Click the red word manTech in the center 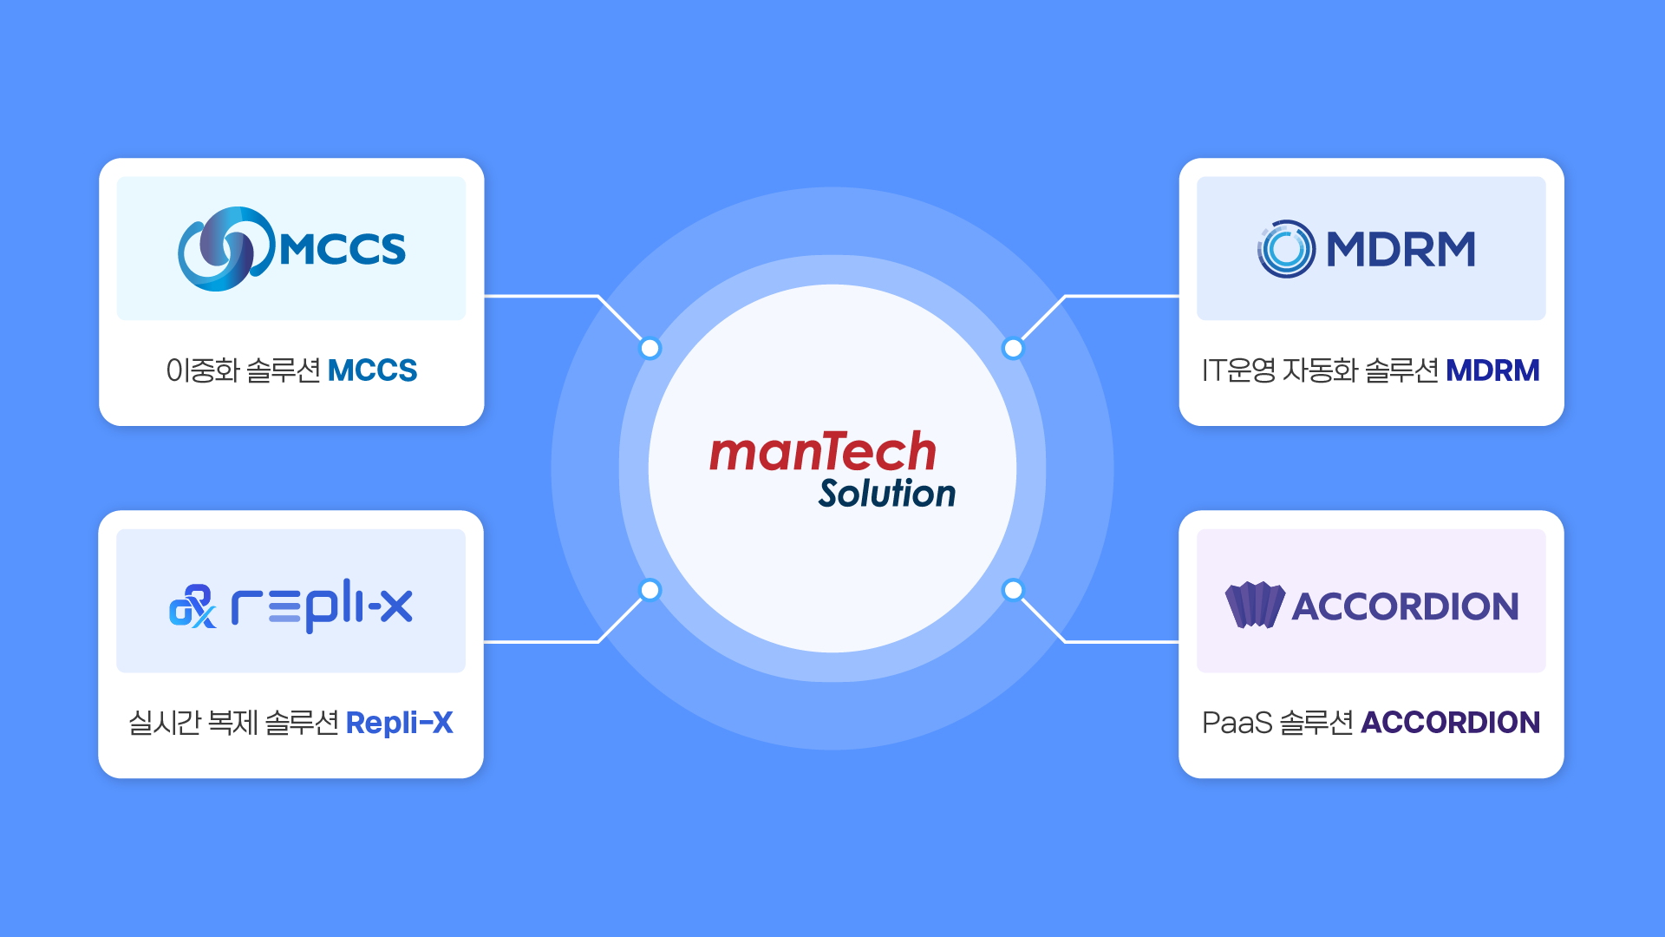(822, 452)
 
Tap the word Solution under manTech (886, 494)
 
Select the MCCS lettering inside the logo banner (343, 250)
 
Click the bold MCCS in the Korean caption (372, 370)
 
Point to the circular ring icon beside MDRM (1286, 249)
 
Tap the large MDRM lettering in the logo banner (1401, 250)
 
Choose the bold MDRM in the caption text (1492, 370)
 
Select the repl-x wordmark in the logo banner (322, 606)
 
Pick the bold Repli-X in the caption (399, 723)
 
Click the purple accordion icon (1254, 605)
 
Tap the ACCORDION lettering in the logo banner (1405, 606)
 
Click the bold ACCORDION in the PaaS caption (1450, 723)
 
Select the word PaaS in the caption (1237, 723)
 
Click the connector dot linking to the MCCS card (650, 349)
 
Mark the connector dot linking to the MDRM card (1013, 349)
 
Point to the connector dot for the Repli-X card (650, 590)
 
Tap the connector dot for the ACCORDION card (1013, 590)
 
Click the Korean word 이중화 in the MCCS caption (202, 370)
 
